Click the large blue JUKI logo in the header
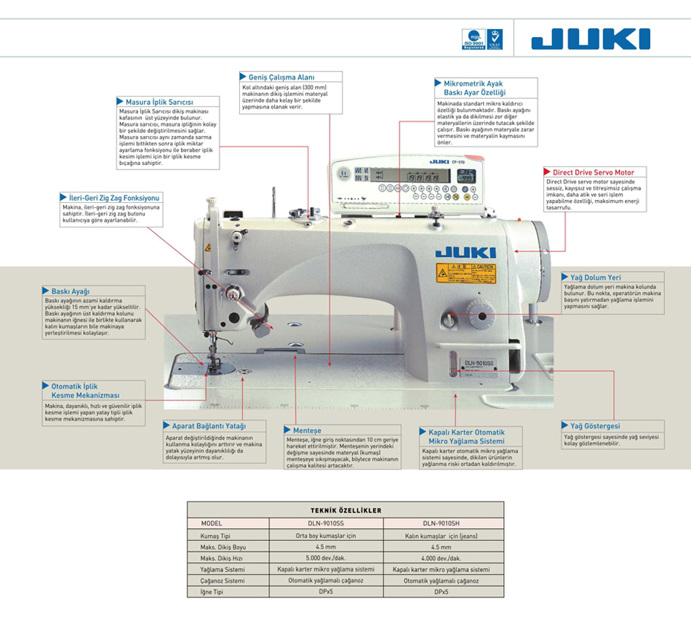(x=591, y=39)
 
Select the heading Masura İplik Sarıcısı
(x=159, y=102)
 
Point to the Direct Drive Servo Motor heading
(x=598, y=172)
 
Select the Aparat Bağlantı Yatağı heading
(x=209, y=426)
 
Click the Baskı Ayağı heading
(x=70, y=291)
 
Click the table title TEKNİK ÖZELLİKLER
(x=345, y=510)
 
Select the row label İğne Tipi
(x=212, y=592)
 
